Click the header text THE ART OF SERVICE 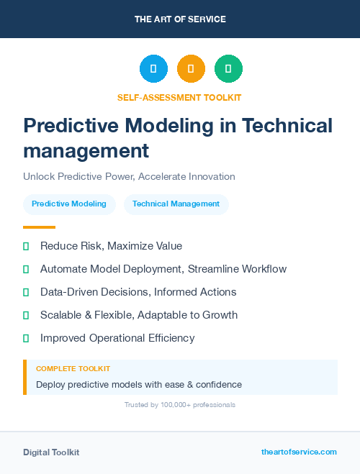point(180,19)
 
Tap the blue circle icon point(153,69)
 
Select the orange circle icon point(191,69)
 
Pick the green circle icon point(228,69)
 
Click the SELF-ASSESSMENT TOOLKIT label point(179,97)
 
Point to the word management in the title point(86,151)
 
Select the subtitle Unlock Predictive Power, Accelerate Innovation point(129,176)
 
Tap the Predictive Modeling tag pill point(69,204)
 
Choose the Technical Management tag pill point(176,204)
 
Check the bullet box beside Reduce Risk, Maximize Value point(26,246)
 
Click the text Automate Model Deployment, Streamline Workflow point(163,269)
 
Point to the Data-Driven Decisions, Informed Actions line point(138,292)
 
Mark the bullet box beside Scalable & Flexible point(26,315)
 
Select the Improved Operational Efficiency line point(117,338)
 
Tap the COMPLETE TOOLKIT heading point(73,368)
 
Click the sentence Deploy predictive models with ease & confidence point(139,385)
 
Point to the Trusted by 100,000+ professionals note point(179,405)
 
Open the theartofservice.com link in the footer point(299,452)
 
